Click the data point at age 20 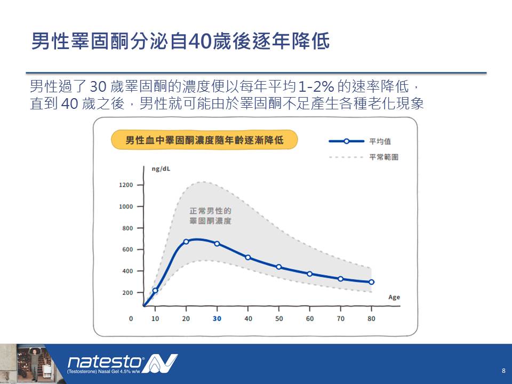[186, 242]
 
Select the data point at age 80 [371, 282]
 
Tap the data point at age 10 [155, 290]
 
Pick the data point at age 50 [279, 267]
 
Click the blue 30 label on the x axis [217, 319]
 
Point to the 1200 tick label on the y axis [126, 185]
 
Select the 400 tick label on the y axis [127, 271]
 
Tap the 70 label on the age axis [341, 319]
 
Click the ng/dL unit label [161, 169]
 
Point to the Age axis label [394, 297]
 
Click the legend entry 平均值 [380, 141]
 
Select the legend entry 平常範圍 [383, 157]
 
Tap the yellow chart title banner [204, 140]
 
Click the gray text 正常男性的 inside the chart [210, 211]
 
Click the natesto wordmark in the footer [105, 362]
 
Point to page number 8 [503, 371]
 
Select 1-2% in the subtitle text [316, 86]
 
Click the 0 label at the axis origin [131, 319]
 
